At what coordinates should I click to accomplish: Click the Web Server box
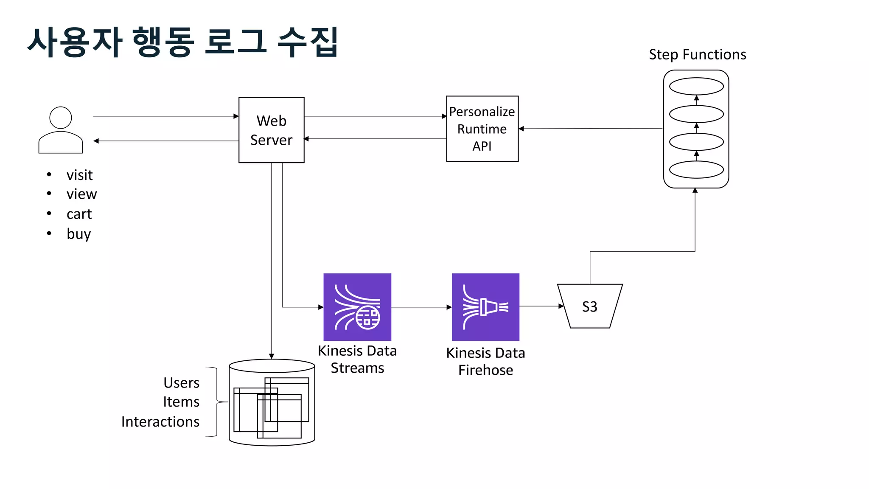(271, 130)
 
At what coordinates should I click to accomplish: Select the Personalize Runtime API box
(482, 129)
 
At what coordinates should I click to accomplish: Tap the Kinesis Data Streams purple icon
(357, 307)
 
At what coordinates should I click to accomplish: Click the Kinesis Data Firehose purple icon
(485, 307)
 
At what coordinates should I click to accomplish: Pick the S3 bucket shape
(589, 306)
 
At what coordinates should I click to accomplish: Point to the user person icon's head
(61, 118)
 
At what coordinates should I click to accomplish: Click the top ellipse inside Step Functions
(696, 86)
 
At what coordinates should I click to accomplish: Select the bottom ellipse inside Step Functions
(696, 169)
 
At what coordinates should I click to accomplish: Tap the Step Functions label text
(697, 55)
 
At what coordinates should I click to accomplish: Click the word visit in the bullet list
(79, 175)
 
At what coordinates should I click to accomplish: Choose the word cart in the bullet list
(79, 214)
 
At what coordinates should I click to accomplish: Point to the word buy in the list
(78, 234)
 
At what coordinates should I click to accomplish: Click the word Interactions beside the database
(160, 422)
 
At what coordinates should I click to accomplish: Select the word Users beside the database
(181, 382)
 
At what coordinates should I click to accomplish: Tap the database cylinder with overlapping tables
(272, 403)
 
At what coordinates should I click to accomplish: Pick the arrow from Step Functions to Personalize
(590, 129)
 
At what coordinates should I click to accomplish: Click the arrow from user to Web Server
(165, 116)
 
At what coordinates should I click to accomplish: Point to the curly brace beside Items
(216, 402)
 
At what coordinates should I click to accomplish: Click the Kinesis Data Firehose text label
(485, 361)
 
